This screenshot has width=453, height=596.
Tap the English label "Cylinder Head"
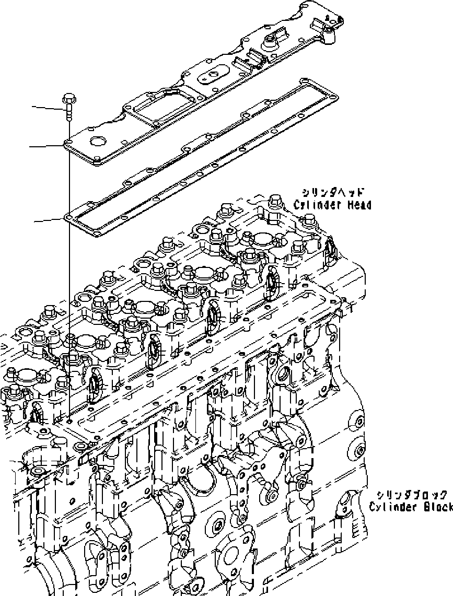click(x=332, y=205)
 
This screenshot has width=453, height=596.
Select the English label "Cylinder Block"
click(x=411, y=507)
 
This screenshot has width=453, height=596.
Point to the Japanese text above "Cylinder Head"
click(x=333, y=192)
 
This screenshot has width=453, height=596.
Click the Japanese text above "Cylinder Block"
click(x=412, y=494)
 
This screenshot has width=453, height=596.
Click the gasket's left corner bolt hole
click(x=68, y=215)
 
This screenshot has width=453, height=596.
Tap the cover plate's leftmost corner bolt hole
click(x=68, y=142)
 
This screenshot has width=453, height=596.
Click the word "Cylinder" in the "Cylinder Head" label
click(x=317, y=205)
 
